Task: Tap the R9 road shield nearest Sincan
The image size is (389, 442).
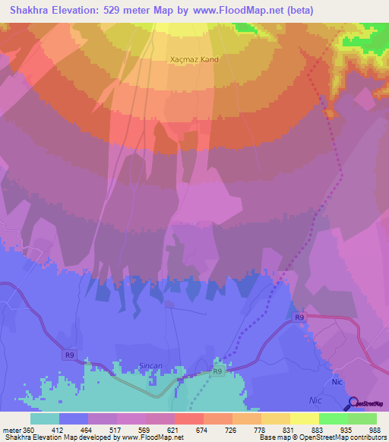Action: pyautogui.click(x=217, y=371)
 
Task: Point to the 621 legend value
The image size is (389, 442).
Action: pyautogui.click(x=173, y=431)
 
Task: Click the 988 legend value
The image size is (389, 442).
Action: pyautogui.click(x=374, y=431)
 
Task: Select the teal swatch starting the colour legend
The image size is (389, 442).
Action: pyautogui.click(x=45, y=418)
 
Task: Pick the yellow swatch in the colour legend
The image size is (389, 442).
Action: pyautogui.click(x=304, y=418)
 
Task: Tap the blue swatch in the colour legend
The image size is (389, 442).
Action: pyautogui.click(x=74, y=418)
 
